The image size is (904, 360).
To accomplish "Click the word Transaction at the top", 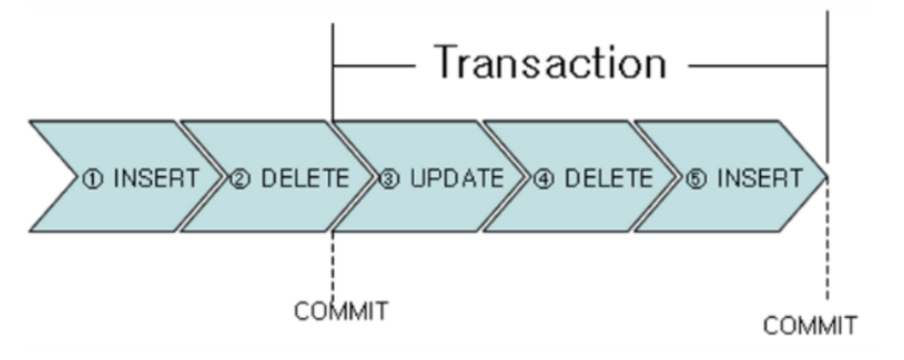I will tap(551, 62).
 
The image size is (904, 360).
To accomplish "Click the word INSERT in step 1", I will tap(156, 178).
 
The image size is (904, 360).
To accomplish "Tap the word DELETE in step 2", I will tap(305, 178).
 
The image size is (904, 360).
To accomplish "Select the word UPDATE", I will tap(456, 178).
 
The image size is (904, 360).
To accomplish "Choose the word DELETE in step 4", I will tap(608, 178).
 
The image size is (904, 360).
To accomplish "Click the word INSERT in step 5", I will tap(759, 178).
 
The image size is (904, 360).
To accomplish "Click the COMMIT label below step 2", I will tap(341, 311).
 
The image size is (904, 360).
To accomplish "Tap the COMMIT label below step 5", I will tap(810, 326).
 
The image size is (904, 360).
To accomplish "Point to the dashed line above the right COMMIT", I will tap(828, 243).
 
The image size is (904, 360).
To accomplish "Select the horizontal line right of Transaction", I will tap(757, 66).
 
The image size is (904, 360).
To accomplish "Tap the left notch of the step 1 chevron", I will tap(76, 176).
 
